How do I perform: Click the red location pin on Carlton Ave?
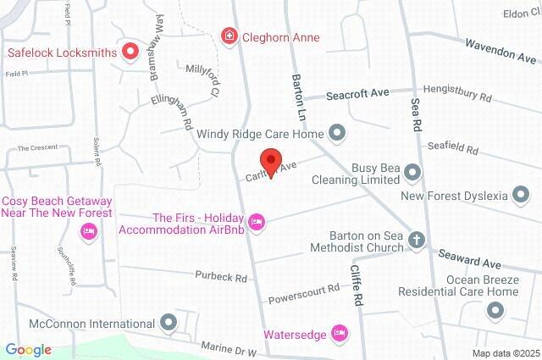tap(270, 162)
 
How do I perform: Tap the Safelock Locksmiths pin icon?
tap(130, 52)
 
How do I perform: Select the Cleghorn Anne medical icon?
tap(229, 36)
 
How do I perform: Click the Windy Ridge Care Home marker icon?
tap(337, 132)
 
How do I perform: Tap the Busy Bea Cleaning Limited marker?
tap(412, 173)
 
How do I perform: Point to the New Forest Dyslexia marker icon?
tap(522, 196)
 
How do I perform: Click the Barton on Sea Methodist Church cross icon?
tap(416, 241)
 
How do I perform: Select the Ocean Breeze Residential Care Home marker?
tap(495, 311)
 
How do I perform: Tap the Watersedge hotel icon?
tap(340, 334)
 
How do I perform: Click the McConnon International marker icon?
tap(169, 323)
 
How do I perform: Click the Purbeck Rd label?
tap(220, 277)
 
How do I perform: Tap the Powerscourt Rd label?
tap(304, 294)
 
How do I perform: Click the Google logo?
tap(28, 350)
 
